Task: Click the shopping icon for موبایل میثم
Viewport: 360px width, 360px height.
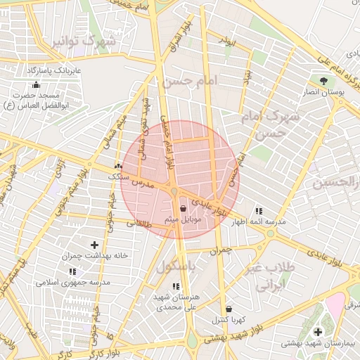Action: [184, 208]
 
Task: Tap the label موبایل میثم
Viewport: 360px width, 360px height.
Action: [184, 219]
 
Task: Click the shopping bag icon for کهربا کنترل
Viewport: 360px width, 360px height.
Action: [229, 309]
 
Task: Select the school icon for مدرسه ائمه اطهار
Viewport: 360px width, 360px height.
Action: [259, 211]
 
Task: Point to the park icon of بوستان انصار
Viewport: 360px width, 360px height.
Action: [323, 82]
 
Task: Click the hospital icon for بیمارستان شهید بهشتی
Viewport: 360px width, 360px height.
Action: [318, 332]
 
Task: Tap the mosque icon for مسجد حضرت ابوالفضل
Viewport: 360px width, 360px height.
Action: [37, 84]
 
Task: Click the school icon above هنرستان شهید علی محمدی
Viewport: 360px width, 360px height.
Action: [176, 286]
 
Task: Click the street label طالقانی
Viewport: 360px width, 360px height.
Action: [139, 224]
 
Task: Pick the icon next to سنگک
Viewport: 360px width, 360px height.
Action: [118, 167]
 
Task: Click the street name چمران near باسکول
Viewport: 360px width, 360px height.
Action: [221, 250]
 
